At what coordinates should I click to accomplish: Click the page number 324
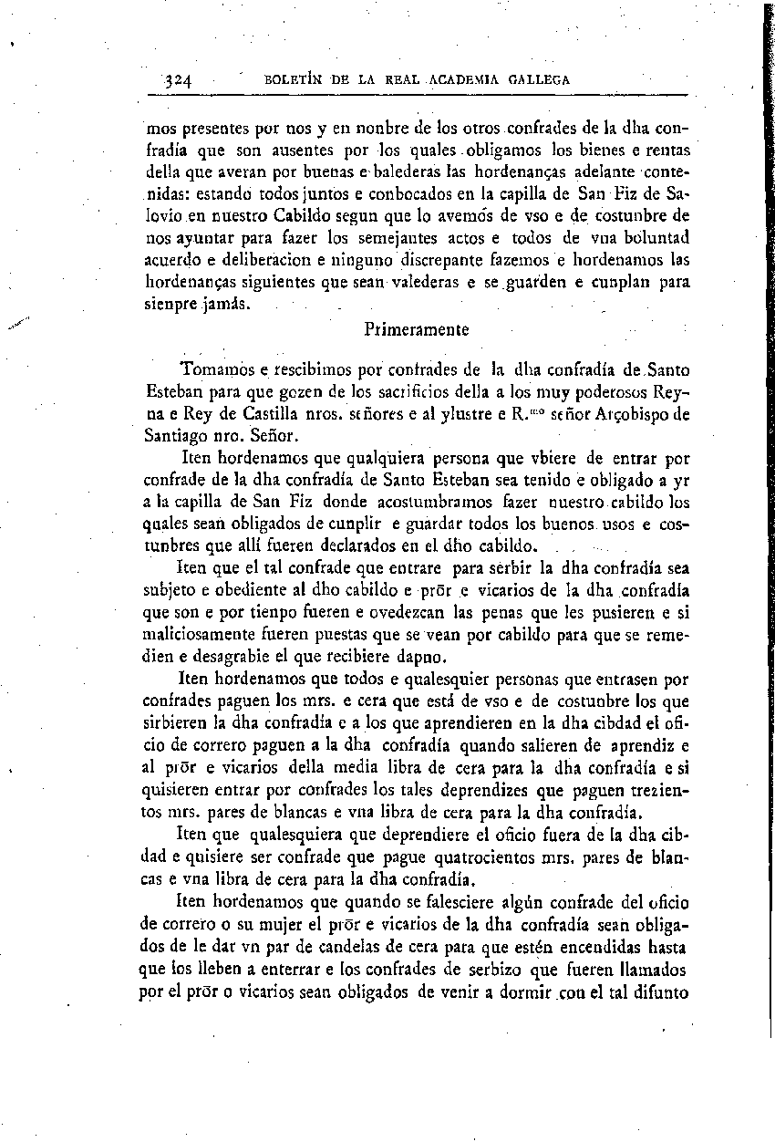[x=176, y=80]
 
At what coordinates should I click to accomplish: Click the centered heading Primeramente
[x=416, y=330]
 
